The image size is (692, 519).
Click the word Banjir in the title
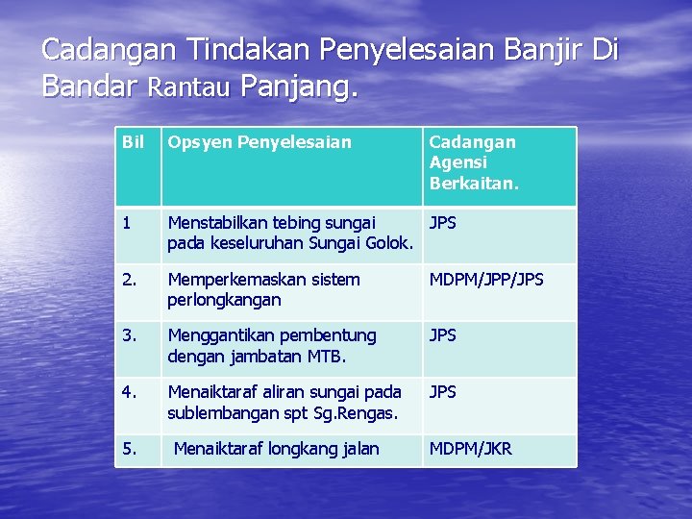[537, 49]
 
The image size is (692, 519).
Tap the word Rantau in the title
[188, 87]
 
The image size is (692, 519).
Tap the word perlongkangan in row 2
[224, 300]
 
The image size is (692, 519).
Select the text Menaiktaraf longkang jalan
[277, 448]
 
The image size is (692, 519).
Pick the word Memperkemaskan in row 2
[233, 279]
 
